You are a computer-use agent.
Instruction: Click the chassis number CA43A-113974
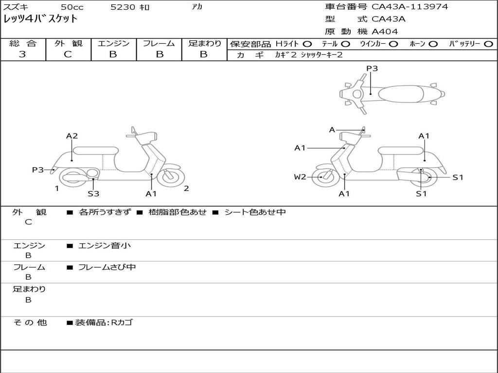409,7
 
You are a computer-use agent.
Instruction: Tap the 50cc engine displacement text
71,7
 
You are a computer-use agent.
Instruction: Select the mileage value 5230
123,7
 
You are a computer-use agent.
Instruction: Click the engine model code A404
385,32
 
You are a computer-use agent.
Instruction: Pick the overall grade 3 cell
22,54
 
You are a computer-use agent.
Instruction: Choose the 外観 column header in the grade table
68,43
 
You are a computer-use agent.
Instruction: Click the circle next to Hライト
307,44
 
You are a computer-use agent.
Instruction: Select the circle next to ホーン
433,44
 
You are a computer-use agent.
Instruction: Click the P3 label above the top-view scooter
372,68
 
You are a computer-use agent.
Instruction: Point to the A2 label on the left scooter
72,136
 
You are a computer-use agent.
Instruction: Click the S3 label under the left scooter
93,194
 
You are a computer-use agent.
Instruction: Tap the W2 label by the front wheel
300,177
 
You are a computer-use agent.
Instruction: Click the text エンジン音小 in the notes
105,246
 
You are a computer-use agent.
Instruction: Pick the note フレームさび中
107,267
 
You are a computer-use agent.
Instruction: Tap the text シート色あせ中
255,212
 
